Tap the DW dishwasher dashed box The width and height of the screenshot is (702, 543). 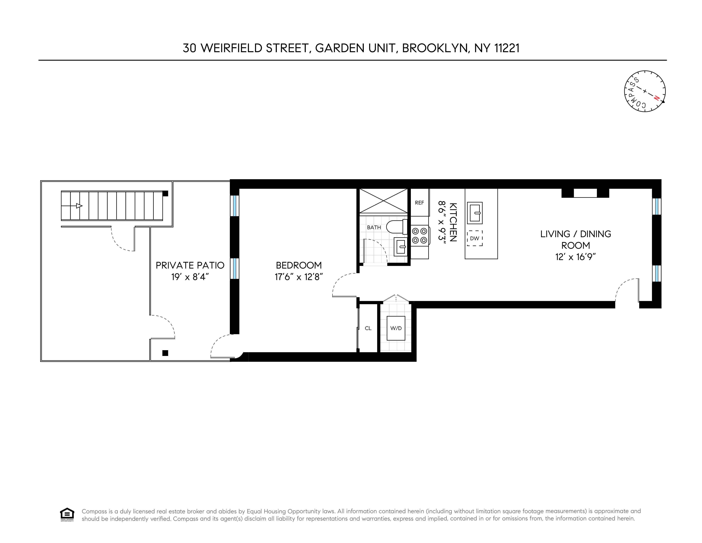(x=474, y=238)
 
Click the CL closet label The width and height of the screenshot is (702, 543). (x=368, y=328)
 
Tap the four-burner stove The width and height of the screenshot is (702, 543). (x=419, y=235)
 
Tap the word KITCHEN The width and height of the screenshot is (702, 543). (x=453, y=222)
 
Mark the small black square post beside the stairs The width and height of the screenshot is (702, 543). (x=165, y=193)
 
